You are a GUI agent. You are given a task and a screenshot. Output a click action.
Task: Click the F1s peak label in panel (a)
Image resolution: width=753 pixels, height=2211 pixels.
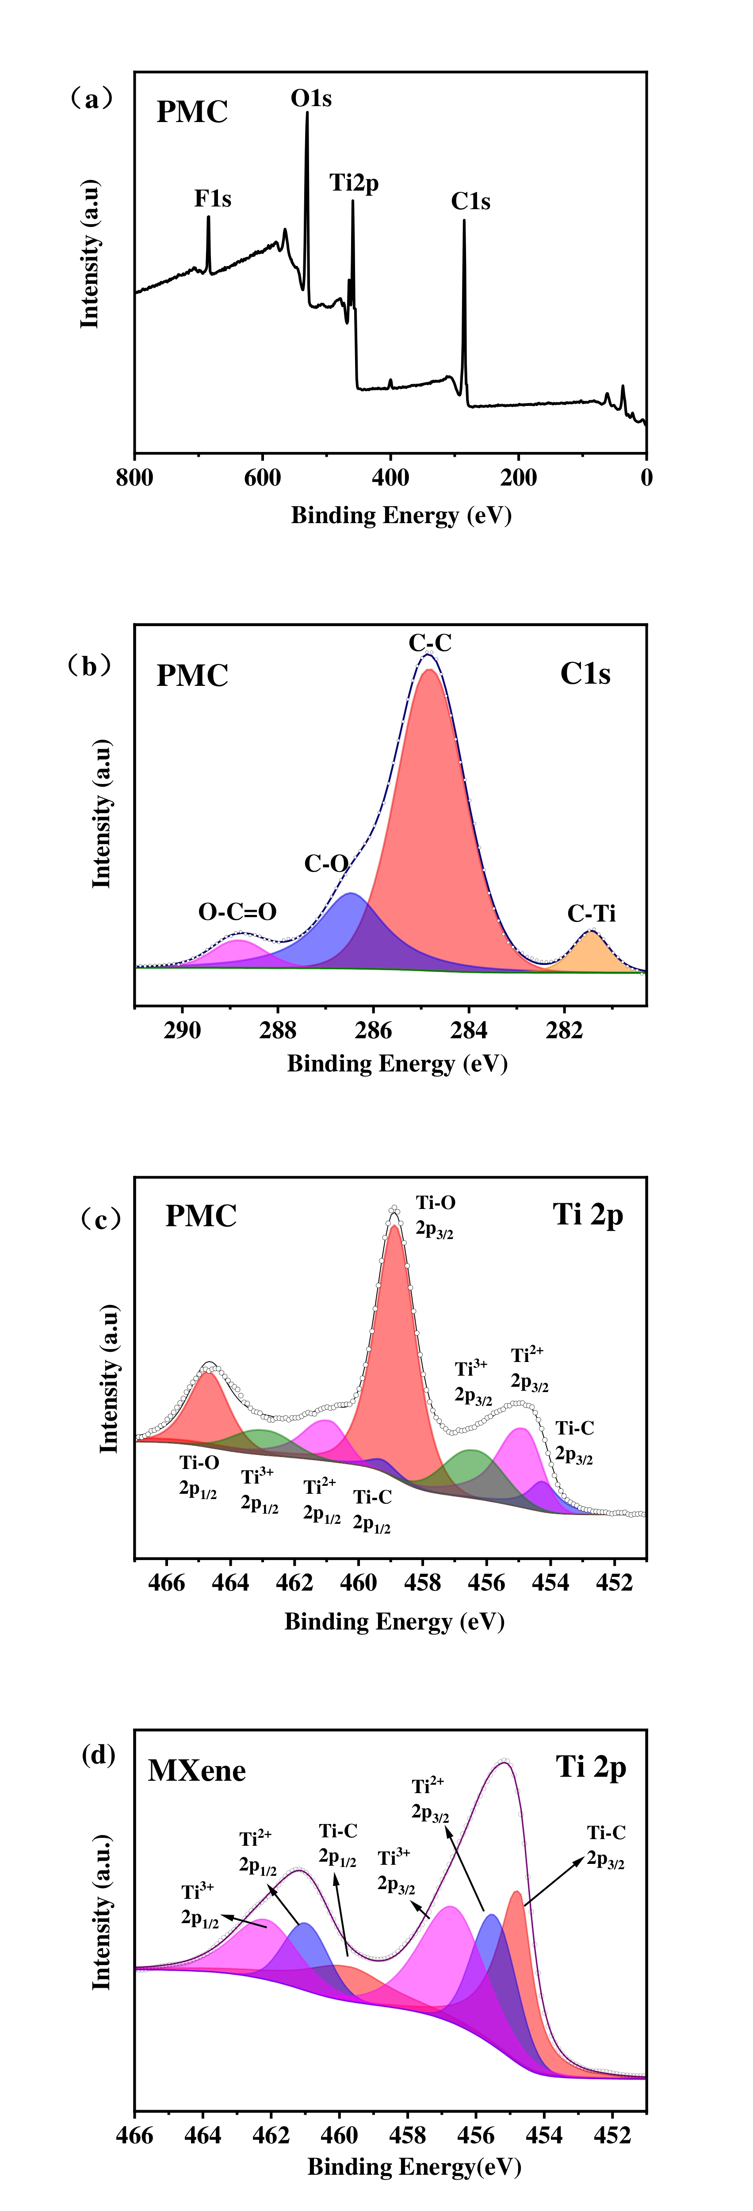(212, 199)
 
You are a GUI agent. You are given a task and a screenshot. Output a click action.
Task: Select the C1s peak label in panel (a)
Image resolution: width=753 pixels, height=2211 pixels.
(470, 202)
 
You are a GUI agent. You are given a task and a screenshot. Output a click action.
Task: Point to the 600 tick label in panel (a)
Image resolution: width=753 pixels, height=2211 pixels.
(263, 478)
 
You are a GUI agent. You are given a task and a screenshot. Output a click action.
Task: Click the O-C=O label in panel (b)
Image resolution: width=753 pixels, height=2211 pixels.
(237, 911)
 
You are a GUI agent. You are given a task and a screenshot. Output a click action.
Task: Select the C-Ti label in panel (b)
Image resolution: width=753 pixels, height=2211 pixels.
(592, 913)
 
